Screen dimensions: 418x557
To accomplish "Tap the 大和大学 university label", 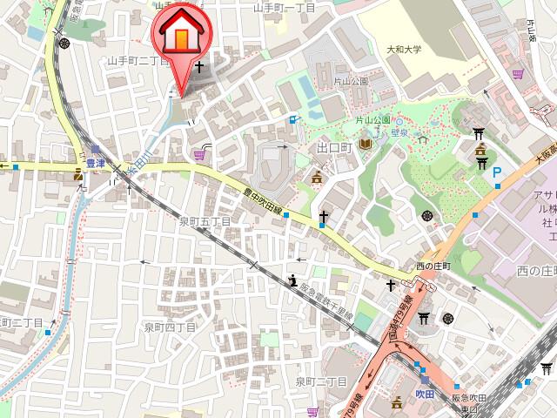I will click(x=404, y=50).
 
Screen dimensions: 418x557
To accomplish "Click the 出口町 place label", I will click(x=333, y=148).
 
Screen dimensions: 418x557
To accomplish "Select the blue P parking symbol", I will click(x=497, y=173).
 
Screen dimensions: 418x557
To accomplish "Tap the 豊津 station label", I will click(x=95, y=162).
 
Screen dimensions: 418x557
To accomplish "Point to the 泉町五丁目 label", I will click(x=205, y=221).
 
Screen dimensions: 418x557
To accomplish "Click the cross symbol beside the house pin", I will click(x=200, y=66).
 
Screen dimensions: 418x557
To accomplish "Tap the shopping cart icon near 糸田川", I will click(x=201, y=155).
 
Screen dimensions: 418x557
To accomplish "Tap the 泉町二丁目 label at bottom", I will click(x=321, y=381).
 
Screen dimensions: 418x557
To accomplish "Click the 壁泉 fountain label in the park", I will click(x=399, y=133).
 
